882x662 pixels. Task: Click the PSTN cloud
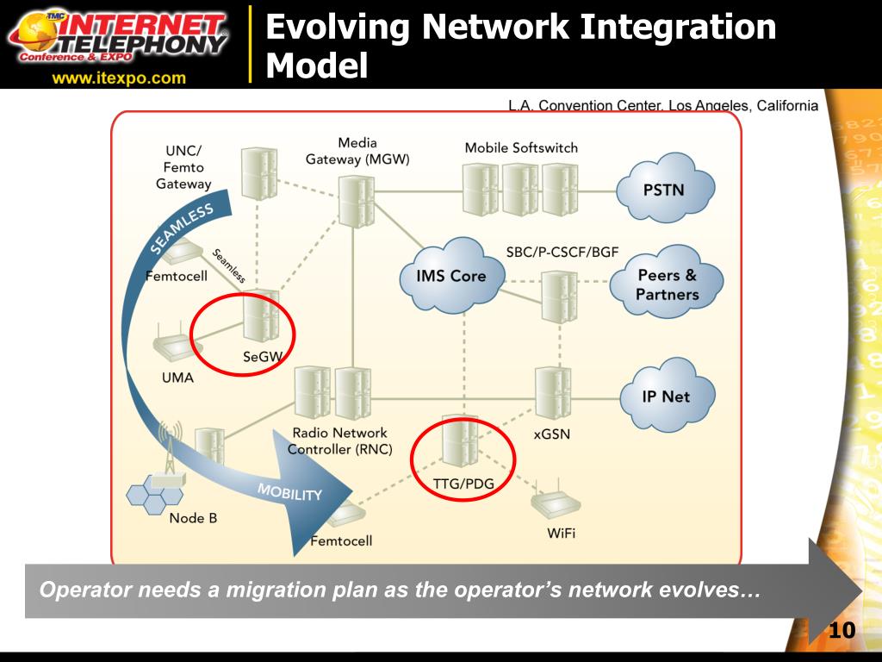tap(664, 189)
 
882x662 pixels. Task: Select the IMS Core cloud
tap(450, 276)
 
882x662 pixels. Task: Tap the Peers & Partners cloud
tap(667, 285)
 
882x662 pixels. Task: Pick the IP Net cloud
tap(666, 397)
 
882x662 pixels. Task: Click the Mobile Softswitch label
tap(521, 147)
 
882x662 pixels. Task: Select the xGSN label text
tap(552, 434)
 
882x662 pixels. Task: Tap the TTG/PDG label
tap(463, 484)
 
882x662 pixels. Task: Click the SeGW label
tap(262, 357)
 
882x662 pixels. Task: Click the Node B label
tap(193, 518)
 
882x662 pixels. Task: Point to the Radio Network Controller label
tap(339, 440)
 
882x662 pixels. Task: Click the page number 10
tap(842, 631)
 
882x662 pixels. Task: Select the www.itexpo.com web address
tap(119, 78)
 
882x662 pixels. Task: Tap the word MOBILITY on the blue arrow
tap(289, 492)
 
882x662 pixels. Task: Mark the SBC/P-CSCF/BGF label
tap(562, 253)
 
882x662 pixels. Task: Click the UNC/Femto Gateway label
tap(183, 166)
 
